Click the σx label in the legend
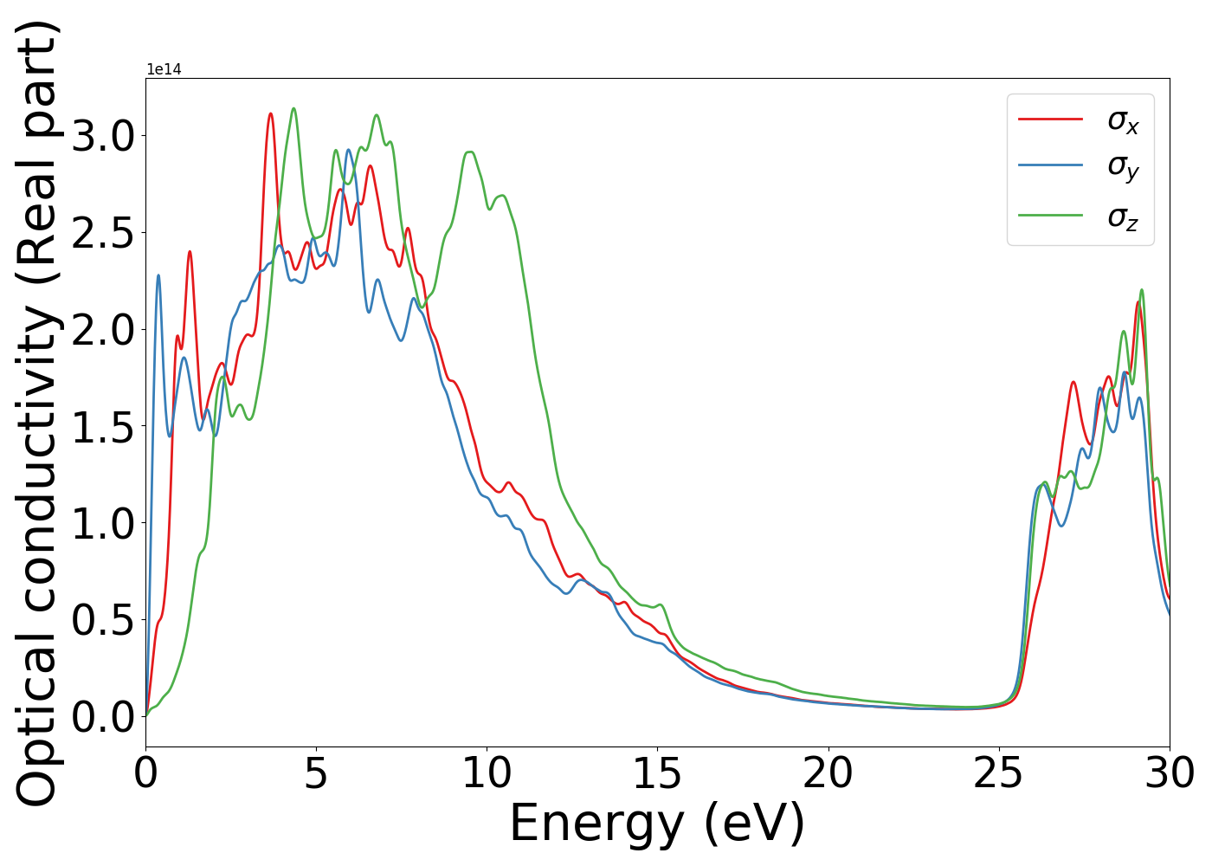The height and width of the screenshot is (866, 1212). click(x=1123, y=121)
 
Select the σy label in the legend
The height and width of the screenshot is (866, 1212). click(x=1123, y=167)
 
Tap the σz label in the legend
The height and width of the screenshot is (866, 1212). click(x=1123, y=216)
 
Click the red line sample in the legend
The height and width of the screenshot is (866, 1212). click(x=1050, y=118)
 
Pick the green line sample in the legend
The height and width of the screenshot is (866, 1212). click(x=1050, y=214)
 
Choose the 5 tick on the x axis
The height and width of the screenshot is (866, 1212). click(x=316, y=772)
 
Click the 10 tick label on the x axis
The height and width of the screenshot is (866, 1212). click(x=487, y=772)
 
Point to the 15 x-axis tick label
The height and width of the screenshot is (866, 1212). click(x=657, y=772)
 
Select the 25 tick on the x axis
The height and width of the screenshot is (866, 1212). click(x=999, y=772)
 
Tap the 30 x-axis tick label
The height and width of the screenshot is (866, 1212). click(x=1169, y=772)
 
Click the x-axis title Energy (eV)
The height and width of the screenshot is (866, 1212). click(x=657, y=824)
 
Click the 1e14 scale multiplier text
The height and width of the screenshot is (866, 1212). click(x=164, y=69)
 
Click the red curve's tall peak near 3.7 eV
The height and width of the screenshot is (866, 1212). click(x=271, y=113)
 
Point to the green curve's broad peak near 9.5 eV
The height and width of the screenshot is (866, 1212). click(x=469, y=152)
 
